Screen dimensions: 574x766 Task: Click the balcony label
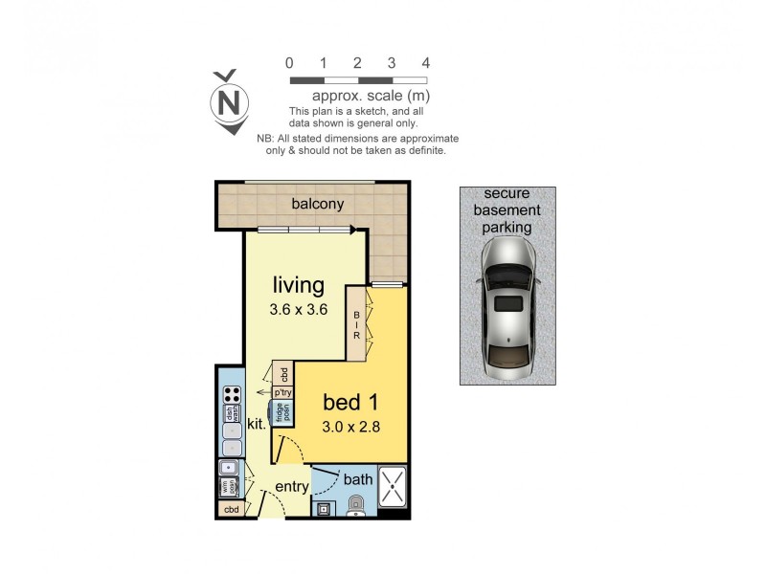click(x=317, y=204)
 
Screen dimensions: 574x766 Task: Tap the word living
click(x=298, y=285)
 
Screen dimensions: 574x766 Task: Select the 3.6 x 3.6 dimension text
click(x=298, y=309)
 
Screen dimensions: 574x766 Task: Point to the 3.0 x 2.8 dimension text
click(x=351, y=427)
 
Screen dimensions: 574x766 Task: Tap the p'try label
click(x=282, y=392)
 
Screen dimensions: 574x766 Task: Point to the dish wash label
click(x=231, y=413)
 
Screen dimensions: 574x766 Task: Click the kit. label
click(x=257, y=422)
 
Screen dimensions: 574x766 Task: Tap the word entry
click(x=292, y=487)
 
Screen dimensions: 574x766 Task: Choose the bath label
click(x=358, y=478)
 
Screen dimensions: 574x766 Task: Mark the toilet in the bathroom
click(x=356, y=504)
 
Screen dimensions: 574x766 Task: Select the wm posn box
click(x=230, y=487)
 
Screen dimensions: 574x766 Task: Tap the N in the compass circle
click(x=230, y=101)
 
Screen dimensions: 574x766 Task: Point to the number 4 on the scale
click(x=426, y=63)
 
